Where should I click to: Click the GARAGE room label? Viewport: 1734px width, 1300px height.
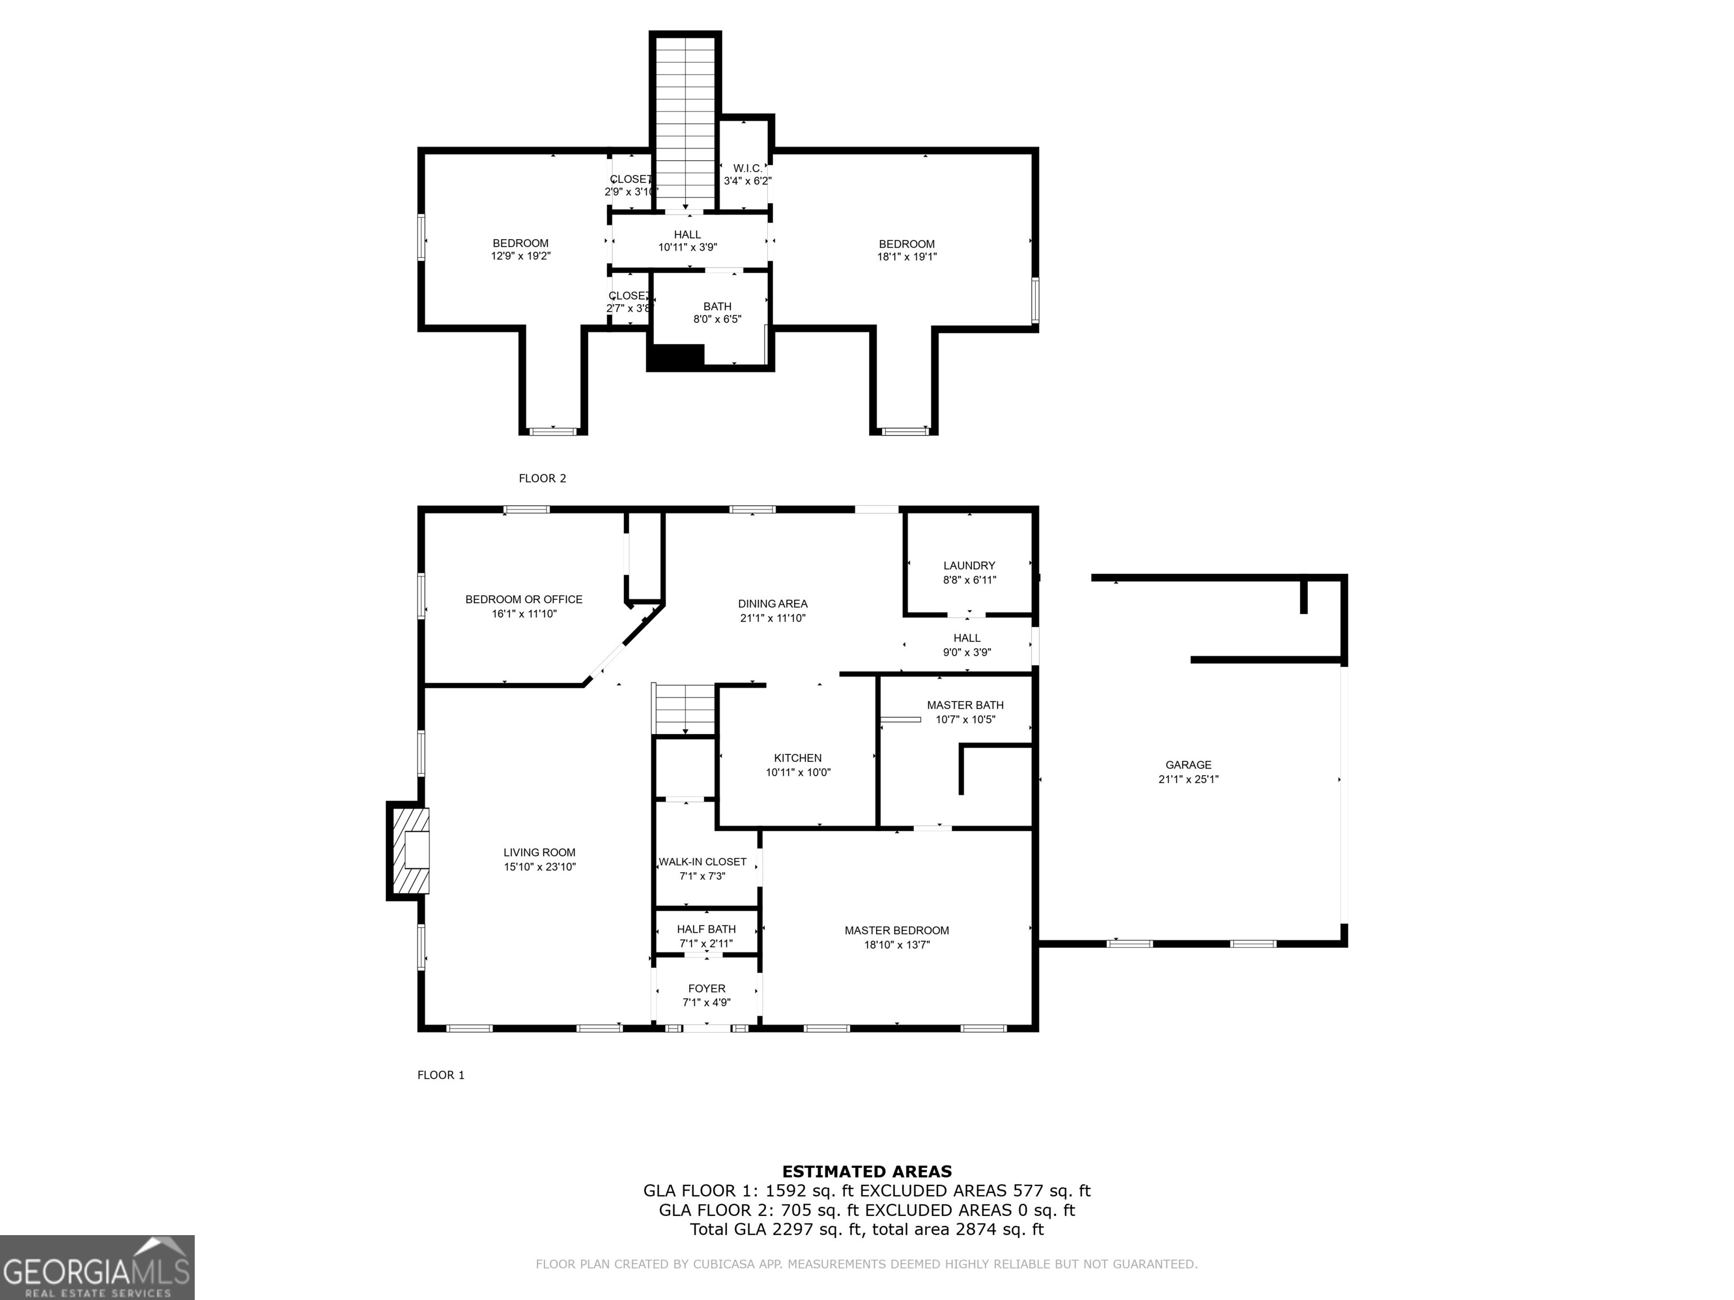pos(1188,765)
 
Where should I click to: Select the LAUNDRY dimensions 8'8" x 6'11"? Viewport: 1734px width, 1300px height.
pos(969,580)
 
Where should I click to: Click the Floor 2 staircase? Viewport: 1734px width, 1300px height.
pos(685,121)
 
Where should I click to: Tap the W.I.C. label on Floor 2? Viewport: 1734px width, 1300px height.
pos(747,168)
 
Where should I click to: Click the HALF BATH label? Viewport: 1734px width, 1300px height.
pos(706,929)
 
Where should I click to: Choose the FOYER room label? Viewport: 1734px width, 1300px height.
pos(706,988)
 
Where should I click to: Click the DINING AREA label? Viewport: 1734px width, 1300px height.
pos(772,603)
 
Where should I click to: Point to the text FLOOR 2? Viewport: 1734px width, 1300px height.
pos(542,478)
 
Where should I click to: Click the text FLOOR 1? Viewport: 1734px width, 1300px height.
pos(440,1075)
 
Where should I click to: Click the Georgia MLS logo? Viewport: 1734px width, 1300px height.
pos(97,1267)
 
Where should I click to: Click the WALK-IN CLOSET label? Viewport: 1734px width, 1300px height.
pos(702,861)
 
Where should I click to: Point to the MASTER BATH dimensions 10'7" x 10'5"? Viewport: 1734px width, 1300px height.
pos(965,719)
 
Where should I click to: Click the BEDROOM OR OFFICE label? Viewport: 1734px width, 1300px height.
pos(524,599)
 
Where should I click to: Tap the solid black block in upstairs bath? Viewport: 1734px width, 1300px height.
pos(675,357)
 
